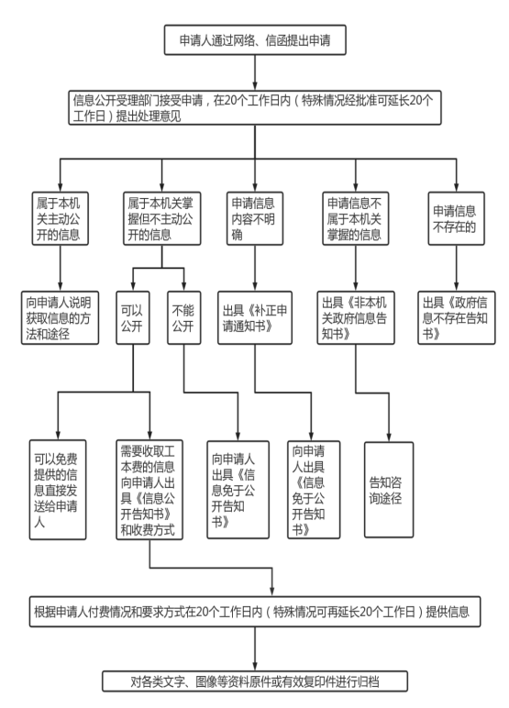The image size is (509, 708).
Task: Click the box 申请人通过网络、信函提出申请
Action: pyautogui.click(x=255, y=40)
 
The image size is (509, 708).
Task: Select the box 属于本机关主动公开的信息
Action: pyautogui.click(x=60, y=218)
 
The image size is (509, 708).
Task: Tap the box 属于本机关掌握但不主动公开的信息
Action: pyautogui.click(x=162, y=218)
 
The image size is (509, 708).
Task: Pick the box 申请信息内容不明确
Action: pyautogui.click(x=255, y=218)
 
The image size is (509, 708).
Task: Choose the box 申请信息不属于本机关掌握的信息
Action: pyautogui.click(x=356, y=218)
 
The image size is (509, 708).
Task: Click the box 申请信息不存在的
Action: pyautogui.click(x=456, y=218)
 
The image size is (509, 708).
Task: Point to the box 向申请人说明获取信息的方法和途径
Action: pyautogui.click(x=60, y=318)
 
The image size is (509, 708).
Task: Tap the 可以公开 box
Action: pyautogui.click(x=133, y=318)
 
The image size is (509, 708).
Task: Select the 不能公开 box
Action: pyautogui.click(x=183, y=318)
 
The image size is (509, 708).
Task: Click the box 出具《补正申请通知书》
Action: pyautogui.click(x=255, y=318)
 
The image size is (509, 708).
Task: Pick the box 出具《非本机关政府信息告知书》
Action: pyautogui.click(x=356, y=318)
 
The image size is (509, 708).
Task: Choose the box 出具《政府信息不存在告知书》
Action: pyautogui.click(x=456, y=318)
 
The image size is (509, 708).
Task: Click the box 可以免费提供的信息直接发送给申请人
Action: pyautogui.click(x=58, y=490)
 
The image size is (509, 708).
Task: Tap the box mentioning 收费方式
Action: pyautogui.click(x=149, y=490)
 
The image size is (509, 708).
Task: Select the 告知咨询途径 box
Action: pyautogui.click(x=389, y=490)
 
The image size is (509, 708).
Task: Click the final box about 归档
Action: pyautogui.click(x=255, y=681)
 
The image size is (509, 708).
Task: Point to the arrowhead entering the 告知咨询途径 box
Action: pyautogui.click(x=389, y=438)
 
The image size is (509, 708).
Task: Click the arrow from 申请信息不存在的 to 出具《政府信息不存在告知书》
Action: pyautogui.click(x=456, y=268)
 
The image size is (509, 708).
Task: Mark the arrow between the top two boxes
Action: pyautogui.click(x=255, y=72)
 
